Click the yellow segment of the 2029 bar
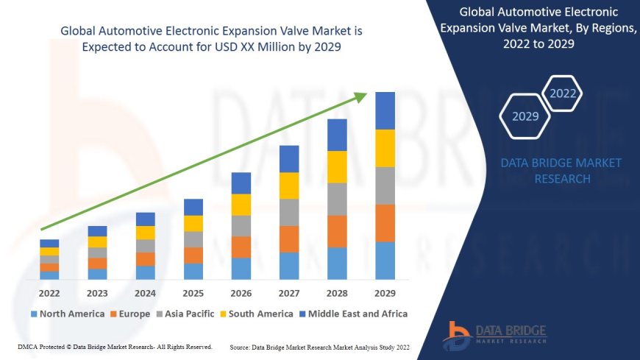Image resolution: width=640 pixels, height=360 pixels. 385,148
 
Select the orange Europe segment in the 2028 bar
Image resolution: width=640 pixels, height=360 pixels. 337,231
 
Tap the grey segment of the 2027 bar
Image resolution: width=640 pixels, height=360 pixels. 289,212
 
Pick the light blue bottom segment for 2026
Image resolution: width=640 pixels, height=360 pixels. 241,269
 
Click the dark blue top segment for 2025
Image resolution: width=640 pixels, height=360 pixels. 193,207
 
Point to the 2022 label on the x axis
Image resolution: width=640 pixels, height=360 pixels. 49,292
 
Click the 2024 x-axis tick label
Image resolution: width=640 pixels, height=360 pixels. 145,292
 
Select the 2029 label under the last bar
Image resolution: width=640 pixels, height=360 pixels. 385,292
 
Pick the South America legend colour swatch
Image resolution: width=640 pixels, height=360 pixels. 222,314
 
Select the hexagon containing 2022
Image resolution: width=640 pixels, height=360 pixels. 563,93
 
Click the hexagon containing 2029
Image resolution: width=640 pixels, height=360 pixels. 525,116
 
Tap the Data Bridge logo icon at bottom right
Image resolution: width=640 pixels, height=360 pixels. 457,335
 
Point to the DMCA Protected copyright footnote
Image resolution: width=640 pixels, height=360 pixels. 114,346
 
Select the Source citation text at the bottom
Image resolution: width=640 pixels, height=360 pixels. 319,347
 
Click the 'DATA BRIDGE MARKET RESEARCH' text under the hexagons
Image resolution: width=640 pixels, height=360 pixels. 561,171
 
